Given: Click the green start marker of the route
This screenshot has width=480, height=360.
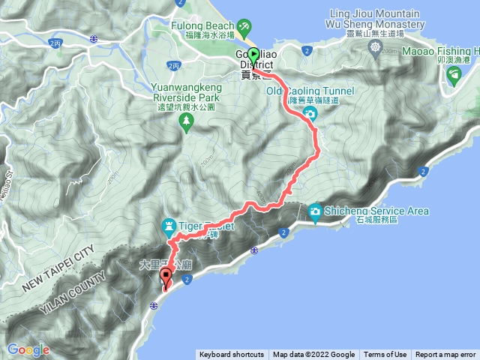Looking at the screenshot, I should pyautogui.click(x=253, y=55).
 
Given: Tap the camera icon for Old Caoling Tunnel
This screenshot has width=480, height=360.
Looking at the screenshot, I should pyautogui.click(x=310, y=114).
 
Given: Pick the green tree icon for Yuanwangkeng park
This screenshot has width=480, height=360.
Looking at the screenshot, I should pyautogui.click(x=186, y=121).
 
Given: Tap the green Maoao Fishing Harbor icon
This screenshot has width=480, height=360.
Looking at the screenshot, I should pyautogui.click(x=454, y=74).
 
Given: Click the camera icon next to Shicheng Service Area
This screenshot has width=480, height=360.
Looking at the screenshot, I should pyautogui.click(x=316, y=212).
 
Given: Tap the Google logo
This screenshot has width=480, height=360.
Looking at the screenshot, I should pyautogui.click(x=28, y=349).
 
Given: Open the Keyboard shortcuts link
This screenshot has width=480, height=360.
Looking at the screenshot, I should pyautogui.click(x=231, y=355).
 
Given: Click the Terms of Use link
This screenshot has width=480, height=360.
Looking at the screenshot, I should pyautogui.click(x=385, y=355).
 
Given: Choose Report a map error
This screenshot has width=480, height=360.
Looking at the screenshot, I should pyautogui.click(x=445, y=355).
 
